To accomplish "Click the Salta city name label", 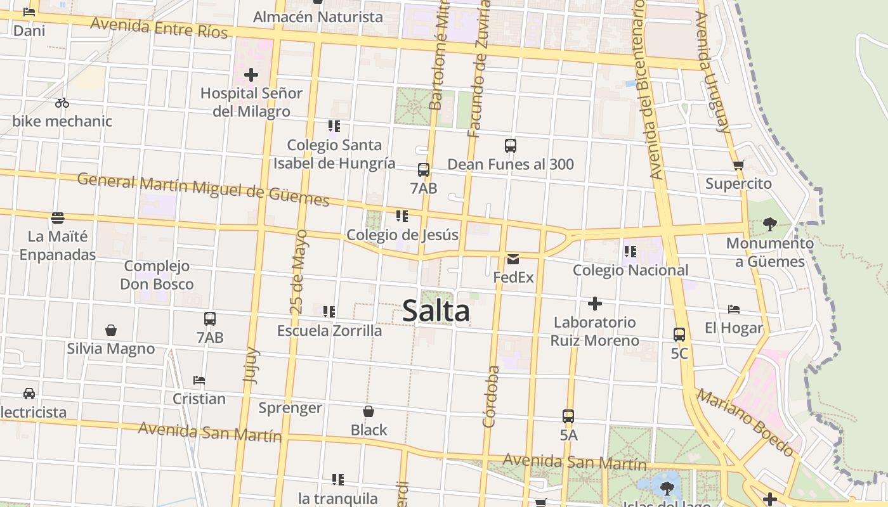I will tap(436, 311).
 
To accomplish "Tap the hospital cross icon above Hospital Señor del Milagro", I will tap(251, 75).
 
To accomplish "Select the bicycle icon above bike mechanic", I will tap(62, 102).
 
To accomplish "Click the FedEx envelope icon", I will tap(513, 259).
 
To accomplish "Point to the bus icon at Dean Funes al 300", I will tap(511, 146).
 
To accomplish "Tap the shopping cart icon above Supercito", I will tap(738, 165).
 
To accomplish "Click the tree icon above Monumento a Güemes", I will tap(770, 224).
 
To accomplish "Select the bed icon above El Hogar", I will tap(734, 309).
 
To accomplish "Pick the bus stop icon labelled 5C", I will tap(679, 334).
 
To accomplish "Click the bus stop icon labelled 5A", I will tap(568, 416).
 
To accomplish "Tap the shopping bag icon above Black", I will tap(368, 411).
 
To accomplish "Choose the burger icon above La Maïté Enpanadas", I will tap(58, 219).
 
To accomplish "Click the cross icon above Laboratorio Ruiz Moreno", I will tap(594, 304).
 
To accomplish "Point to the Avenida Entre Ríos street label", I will tap(159, 27).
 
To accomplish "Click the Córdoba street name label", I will tap(490, 397).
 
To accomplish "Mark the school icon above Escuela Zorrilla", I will tap(329, 311).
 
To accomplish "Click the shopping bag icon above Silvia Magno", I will tap(111, 330).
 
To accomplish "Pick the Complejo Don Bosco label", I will tap(157, 275).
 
